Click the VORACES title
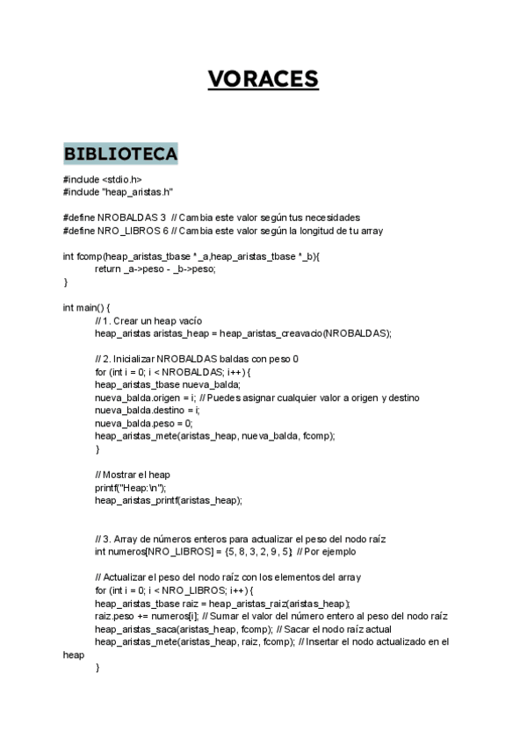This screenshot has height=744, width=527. [x=263, y=79]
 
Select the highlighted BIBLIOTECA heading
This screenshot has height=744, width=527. [x=120, y=154]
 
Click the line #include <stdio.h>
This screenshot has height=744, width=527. [x=103, y=180]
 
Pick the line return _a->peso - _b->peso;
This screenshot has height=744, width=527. [x=155, y=269]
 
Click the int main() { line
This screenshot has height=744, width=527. [x=87, y=308]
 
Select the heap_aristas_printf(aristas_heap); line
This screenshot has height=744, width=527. [x=168, y=500]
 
